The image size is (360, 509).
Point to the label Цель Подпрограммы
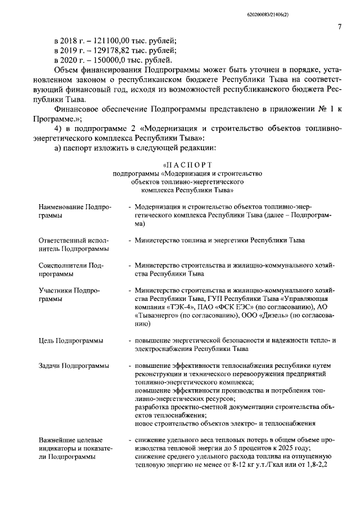click(x=70, y=341)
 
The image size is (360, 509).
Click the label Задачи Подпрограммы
click(x=74, y=366)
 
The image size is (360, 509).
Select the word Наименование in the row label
click(x=61, y=207)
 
